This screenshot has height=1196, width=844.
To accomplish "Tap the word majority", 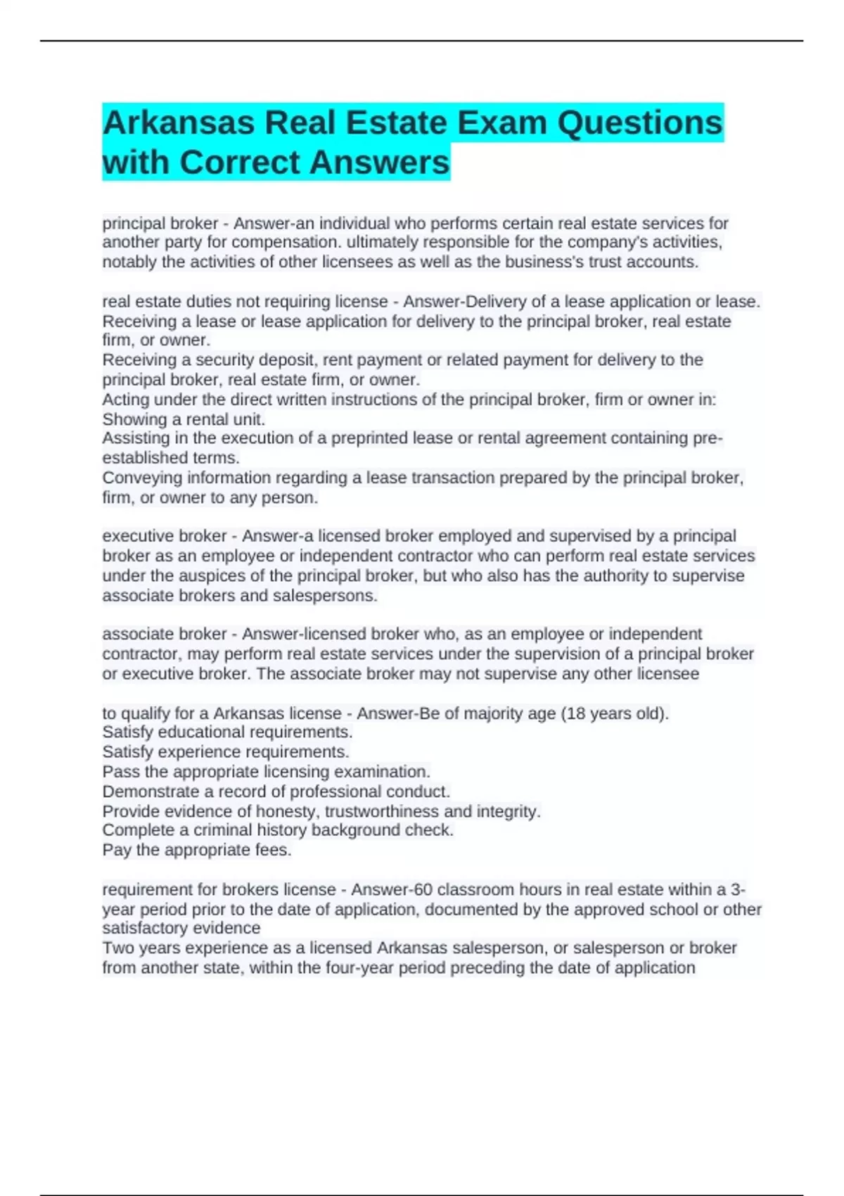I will [491, 713].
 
